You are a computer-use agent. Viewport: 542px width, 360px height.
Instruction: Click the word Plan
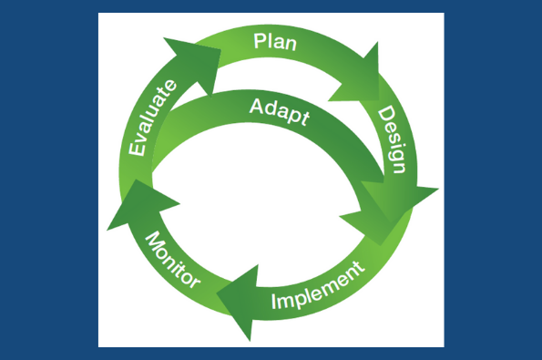point(273,40)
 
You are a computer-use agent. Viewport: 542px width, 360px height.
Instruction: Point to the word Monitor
point(172,261)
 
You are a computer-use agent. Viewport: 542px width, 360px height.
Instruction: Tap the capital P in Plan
point(260,40)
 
